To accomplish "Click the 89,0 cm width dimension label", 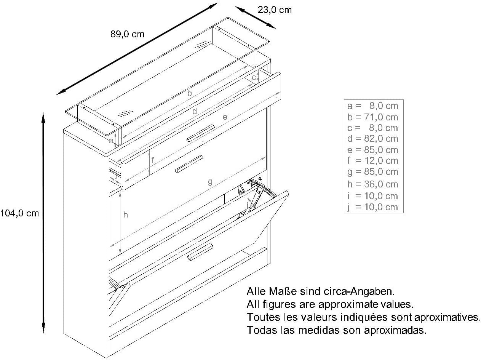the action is pos(127,34).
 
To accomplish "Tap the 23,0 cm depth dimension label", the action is pos(275,10).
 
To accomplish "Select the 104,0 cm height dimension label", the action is pos(19,213).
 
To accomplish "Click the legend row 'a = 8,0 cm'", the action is pos(372,106).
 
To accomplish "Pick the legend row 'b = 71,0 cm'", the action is pos(372,117).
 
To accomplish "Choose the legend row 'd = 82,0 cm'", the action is pos(372,139).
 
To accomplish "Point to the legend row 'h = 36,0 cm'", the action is pos(372,184).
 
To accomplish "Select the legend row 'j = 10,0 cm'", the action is pos(372,207).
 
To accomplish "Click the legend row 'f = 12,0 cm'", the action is pos(372,161).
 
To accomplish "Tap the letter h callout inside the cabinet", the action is pos(125,215).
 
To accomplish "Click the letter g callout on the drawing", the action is pos(210,182).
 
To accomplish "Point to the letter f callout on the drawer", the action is pos(153,160).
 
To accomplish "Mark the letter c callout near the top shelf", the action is pos(254,78).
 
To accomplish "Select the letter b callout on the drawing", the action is pos(190,93).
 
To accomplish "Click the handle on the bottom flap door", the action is pos(200,252).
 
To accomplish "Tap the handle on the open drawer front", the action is pos(189,164).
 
